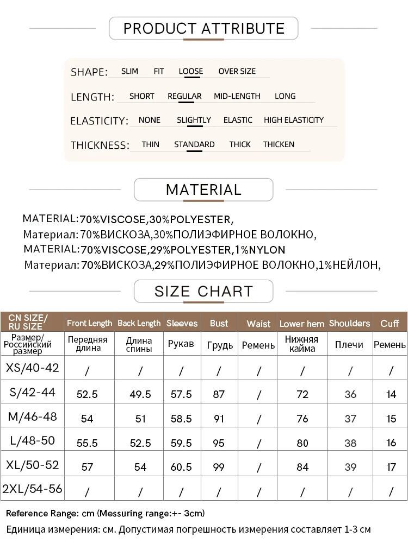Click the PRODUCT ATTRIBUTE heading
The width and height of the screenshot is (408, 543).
click(204, 28)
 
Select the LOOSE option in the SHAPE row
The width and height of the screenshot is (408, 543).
click(190, 71)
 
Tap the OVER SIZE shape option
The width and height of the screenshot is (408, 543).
click(237, 71)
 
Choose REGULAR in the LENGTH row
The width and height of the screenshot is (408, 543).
click(184, 96)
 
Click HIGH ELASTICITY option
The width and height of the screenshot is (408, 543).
click(294, 120)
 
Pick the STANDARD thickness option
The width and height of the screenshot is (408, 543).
click(194, 144)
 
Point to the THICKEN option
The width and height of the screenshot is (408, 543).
click(279, 144)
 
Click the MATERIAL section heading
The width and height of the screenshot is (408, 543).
click(203, 190)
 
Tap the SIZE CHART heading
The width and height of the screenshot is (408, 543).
click(203, 291)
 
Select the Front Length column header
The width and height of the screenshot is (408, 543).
click(89, 323)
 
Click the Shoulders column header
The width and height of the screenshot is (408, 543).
click(349, 323)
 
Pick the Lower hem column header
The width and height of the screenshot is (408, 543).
click(302, 324)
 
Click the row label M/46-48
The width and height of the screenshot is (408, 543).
click(32, 417)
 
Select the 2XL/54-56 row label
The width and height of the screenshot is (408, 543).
click(32, 489)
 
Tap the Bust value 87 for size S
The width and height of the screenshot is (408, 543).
click(219, 394)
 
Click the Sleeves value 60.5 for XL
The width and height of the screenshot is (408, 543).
click(181, 467)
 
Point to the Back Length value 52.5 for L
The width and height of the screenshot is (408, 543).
click(140, 443)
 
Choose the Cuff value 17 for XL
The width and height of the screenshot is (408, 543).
click(391, 467)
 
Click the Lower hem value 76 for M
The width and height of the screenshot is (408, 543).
click(302, 419)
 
